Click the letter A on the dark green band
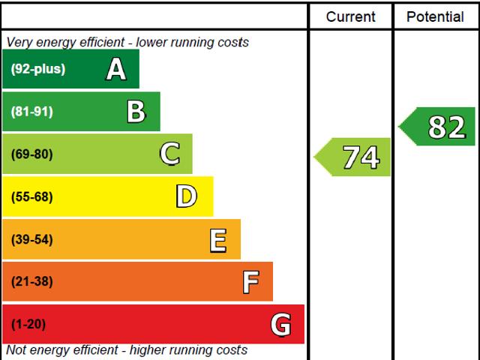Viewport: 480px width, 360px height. click(116, 70)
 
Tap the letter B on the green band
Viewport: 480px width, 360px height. click(136, 112)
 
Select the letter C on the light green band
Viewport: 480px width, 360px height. click(169, 154)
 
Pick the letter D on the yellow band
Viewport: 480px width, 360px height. click(186, 196)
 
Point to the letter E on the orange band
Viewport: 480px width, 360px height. click(218, 240)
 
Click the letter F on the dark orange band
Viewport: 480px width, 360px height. click(250, 282)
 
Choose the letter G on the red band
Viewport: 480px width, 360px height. click(280, 325)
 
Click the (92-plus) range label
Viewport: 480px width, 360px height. click(38, 70)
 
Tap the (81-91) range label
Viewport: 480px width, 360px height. click(32, 112)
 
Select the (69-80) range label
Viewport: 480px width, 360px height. click(32, 154)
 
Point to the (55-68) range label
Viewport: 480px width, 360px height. click(32, 197)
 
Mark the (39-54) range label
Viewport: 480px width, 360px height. click(32, 240)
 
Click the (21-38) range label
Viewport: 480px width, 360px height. click(32, 282)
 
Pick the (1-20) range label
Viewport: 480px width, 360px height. click(28, 325)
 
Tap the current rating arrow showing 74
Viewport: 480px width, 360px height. click(353, 157)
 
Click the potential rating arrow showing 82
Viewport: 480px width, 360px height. click(438, 127)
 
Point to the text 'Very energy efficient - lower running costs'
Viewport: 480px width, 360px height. click(127, 43)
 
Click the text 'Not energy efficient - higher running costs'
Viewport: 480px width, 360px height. click(127, 350)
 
